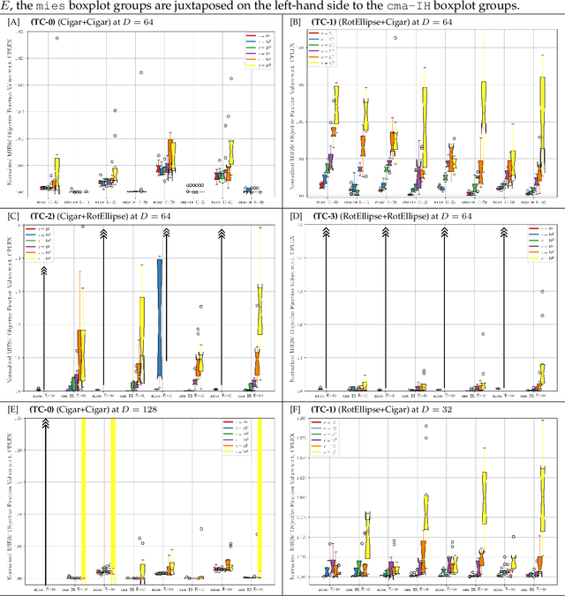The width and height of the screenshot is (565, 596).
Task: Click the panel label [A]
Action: pos(13,22)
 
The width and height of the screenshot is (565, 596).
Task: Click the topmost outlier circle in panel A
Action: pos(57,39)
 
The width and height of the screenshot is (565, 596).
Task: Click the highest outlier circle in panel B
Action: pos(394,39)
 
